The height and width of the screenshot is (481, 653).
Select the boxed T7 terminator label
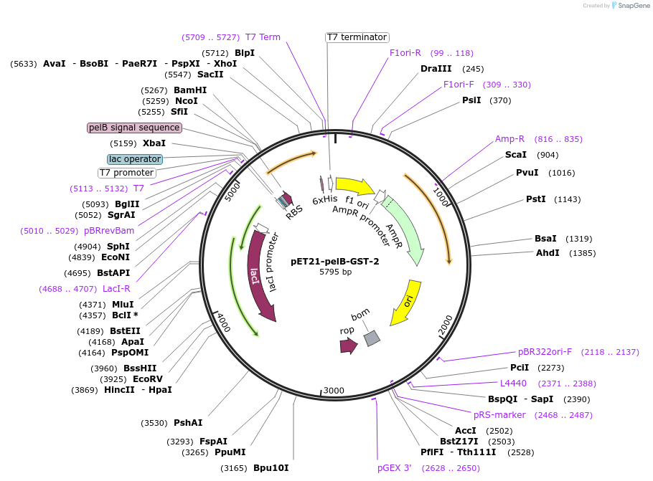[357, 37]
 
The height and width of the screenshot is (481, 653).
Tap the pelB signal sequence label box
[134, 128]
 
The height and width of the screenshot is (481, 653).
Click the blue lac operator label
[135, 159]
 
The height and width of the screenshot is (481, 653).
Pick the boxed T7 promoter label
[126, 173]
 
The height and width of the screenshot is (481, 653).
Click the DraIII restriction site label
[436, 69]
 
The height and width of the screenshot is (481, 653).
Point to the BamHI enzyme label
[190, 90]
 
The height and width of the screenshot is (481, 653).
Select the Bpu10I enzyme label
[271, 468]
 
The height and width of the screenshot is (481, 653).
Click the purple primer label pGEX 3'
[395, 468]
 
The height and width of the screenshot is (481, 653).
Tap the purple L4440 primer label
[513, 384]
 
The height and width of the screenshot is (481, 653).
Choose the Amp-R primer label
[509, 139]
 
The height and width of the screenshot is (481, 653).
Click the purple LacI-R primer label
[116, 289]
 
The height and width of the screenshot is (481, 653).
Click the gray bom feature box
[371, 338]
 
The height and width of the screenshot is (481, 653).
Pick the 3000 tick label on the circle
[334, 390]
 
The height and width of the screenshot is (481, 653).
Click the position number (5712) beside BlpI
[215, 53]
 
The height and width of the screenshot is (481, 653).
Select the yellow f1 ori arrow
[354, 187]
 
